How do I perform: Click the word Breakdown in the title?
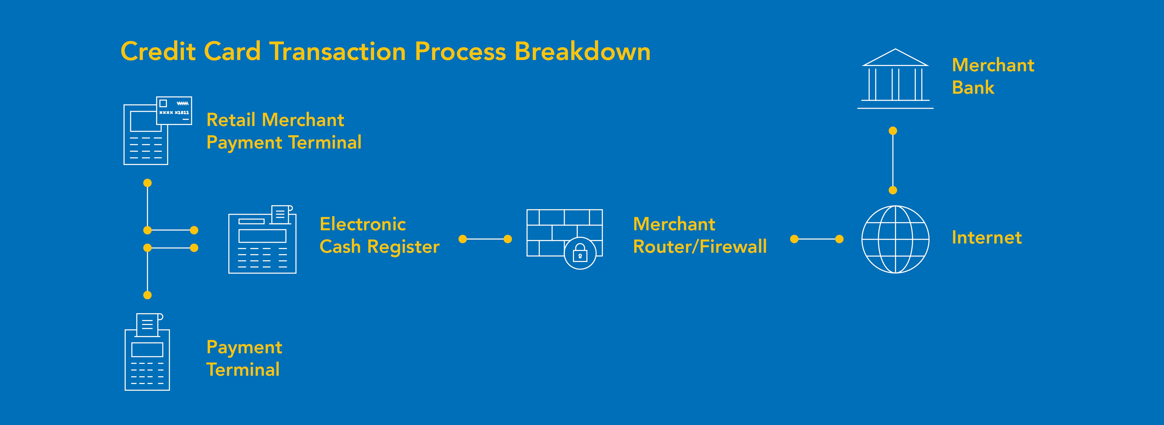tap(582, 51)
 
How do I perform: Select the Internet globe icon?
tap(895, 239)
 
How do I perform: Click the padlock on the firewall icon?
tap(580, 253)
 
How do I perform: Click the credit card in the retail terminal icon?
tap(174, 110)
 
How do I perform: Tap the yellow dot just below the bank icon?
tap(893, 131)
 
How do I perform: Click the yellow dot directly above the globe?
tap(893, 190)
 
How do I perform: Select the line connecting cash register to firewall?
tap(485, 239)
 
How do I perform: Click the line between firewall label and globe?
tap(816, 239)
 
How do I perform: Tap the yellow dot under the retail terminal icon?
tap(147, 183)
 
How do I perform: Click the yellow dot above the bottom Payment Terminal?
tap(147, 295)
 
